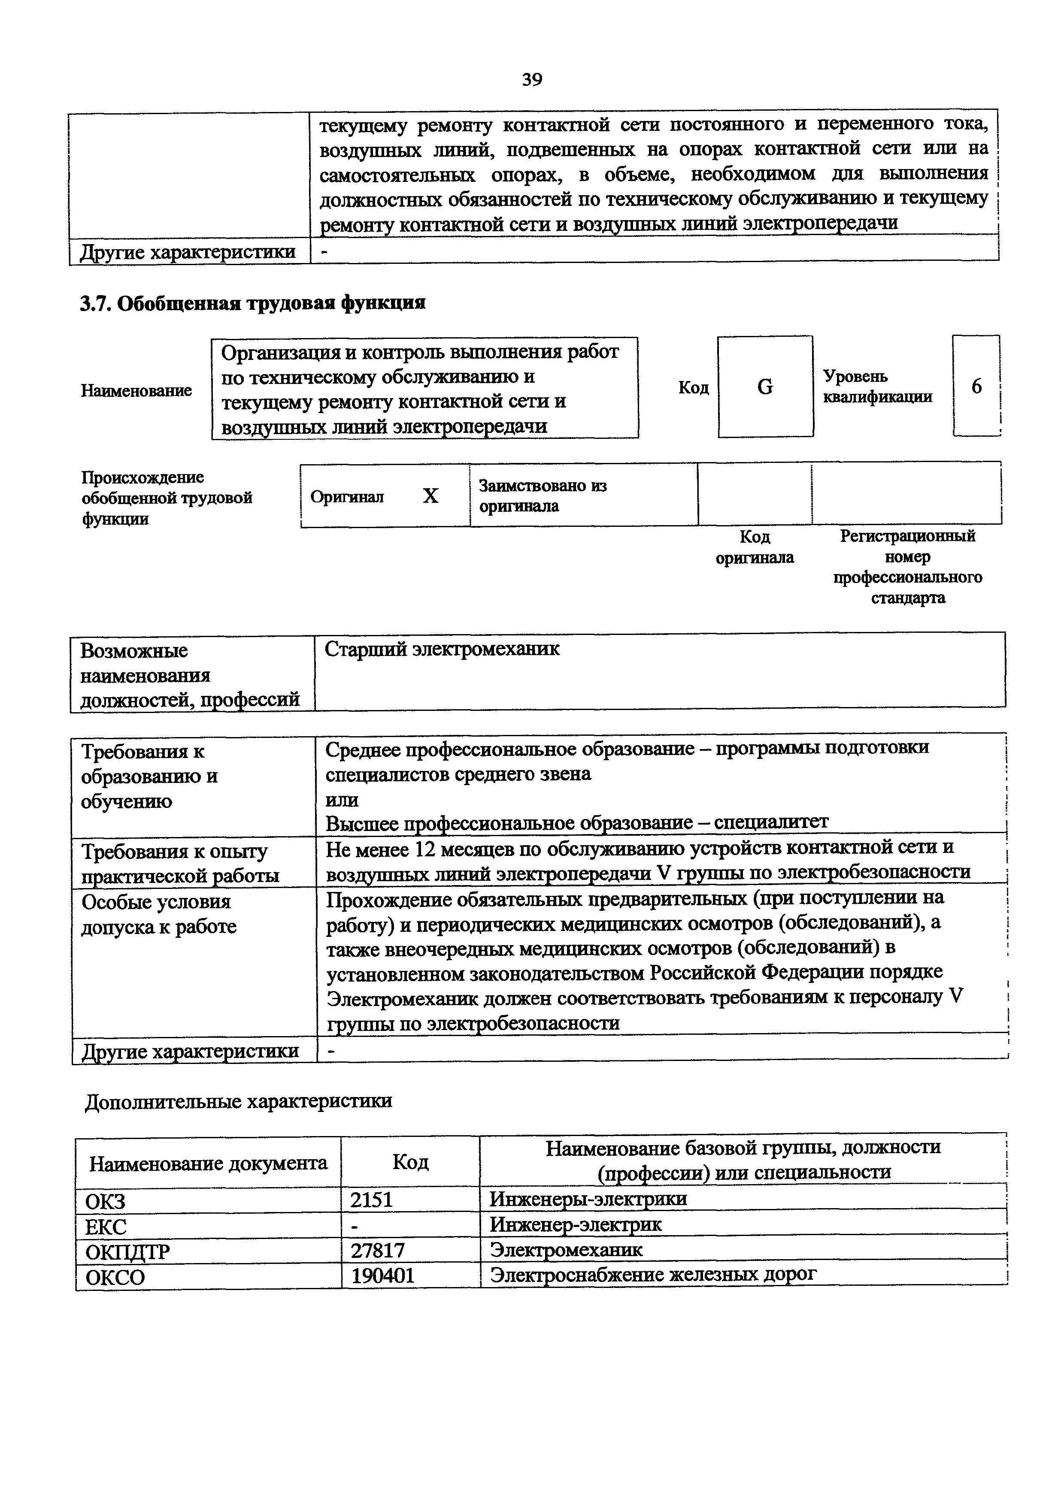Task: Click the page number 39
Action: (532, 79)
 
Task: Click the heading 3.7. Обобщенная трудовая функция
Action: (252, 303)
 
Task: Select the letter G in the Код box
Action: (764, 387)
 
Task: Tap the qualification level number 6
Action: (976, 386)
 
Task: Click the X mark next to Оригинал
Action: (430, 496)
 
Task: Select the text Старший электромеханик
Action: (443, 649)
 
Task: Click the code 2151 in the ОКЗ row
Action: (371, 1200)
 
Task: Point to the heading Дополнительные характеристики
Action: (239, 1100)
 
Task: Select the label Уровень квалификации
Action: (877, 386)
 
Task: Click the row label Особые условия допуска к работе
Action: (159, 914)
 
